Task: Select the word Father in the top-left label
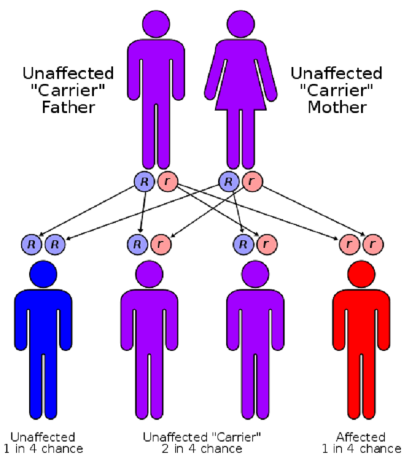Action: [x=68, y=107]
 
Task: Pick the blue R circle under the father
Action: [x=144, y=181]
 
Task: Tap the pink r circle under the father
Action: [x=167, y=181]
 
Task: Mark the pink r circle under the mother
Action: [x=252, y=181]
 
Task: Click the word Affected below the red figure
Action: [x=361, y=437]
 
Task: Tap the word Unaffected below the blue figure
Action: [x=43, y=437]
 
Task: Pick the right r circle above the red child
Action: [x=372, y=244]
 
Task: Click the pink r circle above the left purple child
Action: [x=160, y=244]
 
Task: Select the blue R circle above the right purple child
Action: [x=244, y=244]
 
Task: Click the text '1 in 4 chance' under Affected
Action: [x=361, y=449]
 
